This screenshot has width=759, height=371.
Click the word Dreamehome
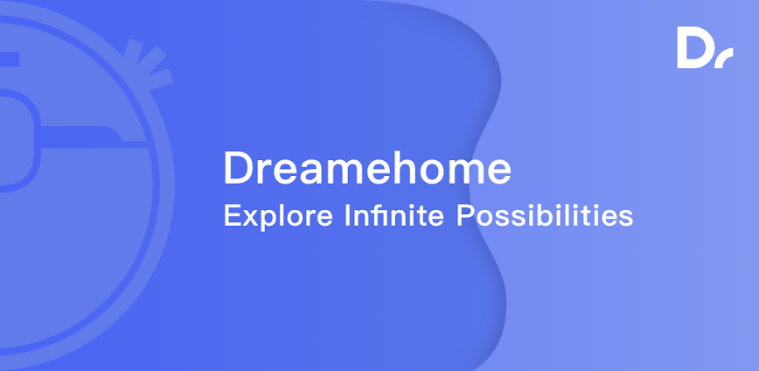point(367,167)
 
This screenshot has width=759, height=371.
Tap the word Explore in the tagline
point(278,216)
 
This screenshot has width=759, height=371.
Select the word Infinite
point(394,215)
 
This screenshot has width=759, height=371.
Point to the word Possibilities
point(545,215)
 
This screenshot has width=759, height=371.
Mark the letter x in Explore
point(251,219)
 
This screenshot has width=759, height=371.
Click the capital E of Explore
point(233,215)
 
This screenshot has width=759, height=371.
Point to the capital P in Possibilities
point(465,215)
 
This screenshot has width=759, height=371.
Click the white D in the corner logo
point(693,47)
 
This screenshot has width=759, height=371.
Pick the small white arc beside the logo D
point(724,58)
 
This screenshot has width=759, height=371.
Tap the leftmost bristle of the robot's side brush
point(132,52)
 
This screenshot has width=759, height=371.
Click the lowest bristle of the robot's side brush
point(160,80)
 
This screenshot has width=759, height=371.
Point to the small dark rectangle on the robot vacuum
point(10,59)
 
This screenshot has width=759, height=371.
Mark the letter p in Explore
point(270,220)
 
